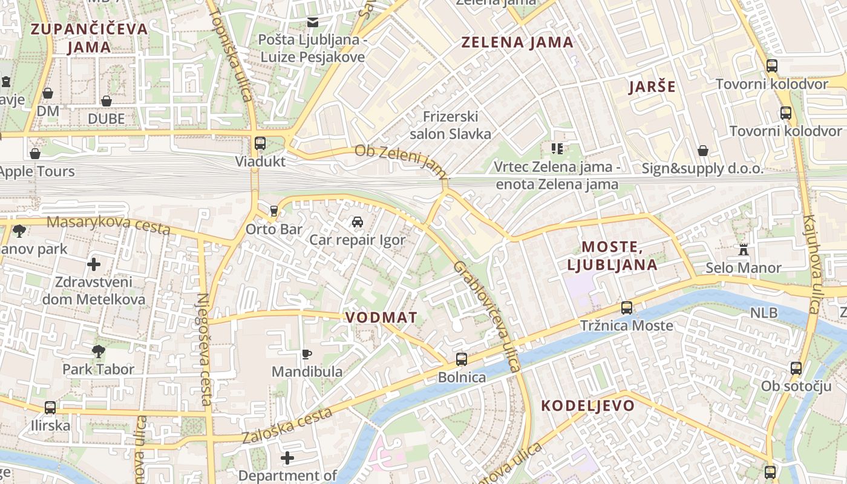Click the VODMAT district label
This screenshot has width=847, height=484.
(381, 318)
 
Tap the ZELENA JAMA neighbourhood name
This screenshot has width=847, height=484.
(517, 42)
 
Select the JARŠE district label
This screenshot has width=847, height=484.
(652, 87)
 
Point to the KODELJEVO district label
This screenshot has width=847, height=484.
(587, 405)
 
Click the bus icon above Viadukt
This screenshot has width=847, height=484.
(260, 143)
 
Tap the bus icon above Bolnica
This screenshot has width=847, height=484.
(462, 359)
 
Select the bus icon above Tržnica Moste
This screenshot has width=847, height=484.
(627, 308)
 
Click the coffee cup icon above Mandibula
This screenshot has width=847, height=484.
(307, 354)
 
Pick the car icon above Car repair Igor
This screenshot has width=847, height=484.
(358, 222)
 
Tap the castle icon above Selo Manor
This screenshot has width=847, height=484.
(744, 249)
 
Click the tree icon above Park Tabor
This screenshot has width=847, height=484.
(98, 351)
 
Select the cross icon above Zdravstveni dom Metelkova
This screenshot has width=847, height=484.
(94, 264)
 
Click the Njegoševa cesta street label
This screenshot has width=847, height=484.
(204, 349)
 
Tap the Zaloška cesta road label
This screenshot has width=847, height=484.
(287, 425)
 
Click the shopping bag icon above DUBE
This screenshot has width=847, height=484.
(106, 100)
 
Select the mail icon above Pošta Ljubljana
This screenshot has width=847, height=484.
(313, 22)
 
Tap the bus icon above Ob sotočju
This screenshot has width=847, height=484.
(796, 368)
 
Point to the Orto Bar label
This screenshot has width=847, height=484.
(274, 229)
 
